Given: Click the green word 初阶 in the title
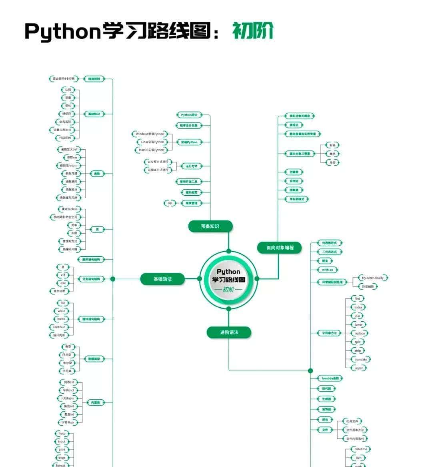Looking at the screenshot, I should (253, 30).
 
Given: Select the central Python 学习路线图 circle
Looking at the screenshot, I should (228, 279).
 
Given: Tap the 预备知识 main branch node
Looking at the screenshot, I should (210, 226).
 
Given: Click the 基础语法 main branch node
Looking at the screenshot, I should (162, 279).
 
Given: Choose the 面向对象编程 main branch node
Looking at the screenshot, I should (280, 248).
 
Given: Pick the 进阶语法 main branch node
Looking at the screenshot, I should (229, 332).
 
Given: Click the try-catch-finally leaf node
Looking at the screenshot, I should (372, 278).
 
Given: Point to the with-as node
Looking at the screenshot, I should (327, 270).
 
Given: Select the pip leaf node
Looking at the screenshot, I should (170, 203).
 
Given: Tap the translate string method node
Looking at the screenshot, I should (360, 359).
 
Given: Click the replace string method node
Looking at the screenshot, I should (359, 333).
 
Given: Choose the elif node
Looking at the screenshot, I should (63, 275).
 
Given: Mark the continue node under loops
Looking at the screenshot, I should (59, 327).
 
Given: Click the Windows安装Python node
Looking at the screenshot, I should (150, 134).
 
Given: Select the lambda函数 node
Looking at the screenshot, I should (330, 378).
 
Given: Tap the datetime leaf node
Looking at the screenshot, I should (360, 449).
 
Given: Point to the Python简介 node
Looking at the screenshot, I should (189, 115).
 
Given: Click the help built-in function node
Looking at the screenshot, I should (62, 433).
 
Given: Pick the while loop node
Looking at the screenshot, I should (61, 311).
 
